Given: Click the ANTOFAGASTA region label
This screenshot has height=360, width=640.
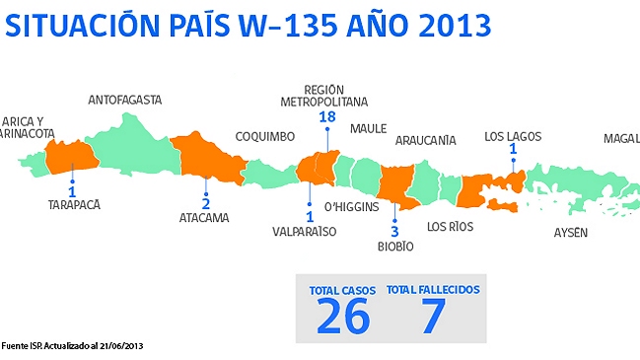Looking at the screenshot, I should tap(124, 100).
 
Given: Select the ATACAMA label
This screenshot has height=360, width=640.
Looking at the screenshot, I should tap(204, 218).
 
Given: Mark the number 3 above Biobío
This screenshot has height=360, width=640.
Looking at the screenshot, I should tap(394, 231).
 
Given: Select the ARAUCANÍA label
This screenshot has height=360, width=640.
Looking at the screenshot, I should tap(425, 141).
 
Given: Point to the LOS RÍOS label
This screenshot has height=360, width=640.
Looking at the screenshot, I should tap(450, 227).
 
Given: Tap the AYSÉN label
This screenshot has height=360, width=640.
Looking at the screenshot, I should tap(571, 232).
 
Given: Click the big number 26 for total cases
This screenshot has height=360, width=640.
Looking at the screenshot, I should tap(343, 316).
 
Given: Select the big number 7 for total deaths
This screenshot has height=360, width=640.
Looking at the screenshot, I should tap(433, 316).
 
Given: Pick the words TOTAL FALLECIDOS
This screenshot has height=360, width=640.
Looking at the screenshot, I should tap(433, 290).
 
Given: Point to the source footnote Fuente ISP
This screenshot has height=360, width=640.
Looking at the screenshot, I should tap(72, 345).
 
